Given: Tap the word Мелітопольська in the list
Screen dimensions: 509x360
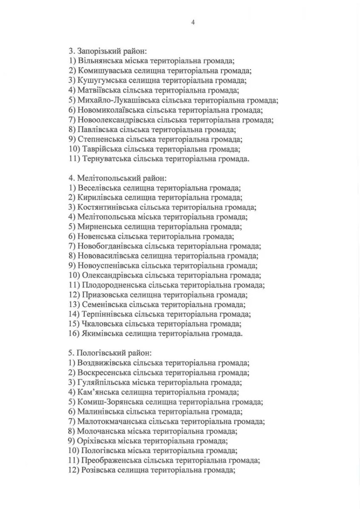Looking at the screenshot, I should click(x=105, y=217).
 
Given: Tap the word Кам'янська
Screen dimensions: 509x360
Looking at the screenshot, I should click(x=98, y=392).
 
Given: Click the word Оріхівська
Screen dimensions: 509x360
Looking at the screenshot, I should click(x=96, y=441).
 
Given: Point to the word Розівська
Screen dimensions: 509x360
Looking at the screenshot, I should click(x=98, y=470).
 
